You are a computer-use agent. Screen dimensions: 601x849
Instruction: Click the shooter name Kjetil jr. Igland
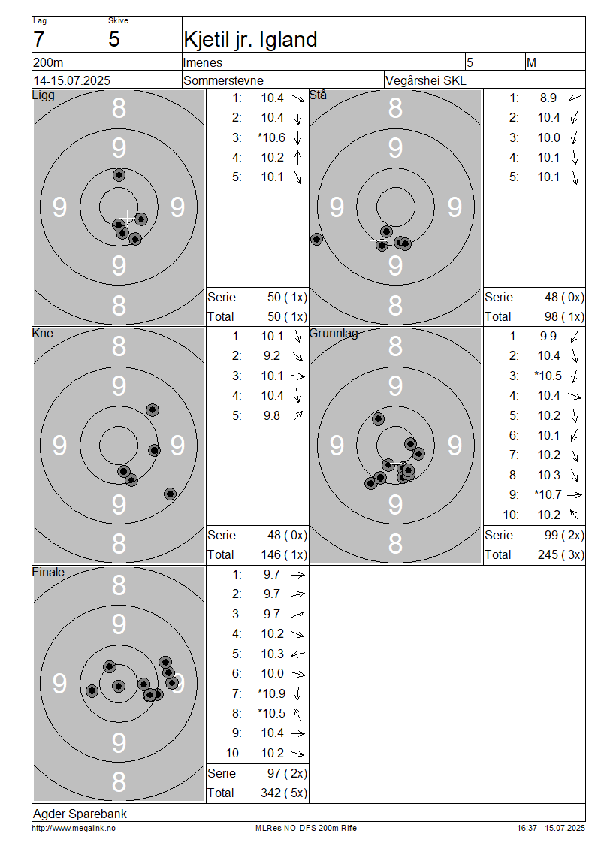click(250, 40)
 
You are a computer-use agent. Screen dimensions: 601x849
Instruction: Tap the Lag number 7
click(38, 40)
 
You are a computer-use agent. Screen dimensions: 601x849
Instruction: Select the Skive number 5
click(113, 40)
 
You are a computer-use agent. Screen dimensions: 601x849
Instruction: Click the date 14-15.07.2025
click(71, 80)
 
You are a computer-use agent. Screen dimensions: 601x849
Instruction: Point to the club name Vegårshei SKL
click(425, 80)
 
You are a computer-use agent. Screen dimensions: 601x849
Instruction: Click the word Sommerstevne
click(223, 80)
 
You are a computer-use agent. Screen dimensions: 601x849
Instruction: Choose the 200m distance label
click(48, 63)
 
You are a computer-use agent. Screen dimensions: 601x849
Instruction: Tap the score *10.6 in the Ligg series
click(271, 137)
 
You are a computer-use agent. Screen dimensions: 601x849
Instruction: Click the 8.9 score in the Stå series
click(548, 98)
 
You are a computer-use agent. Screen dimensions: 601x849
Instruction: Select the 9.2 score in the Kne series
click(272, 355)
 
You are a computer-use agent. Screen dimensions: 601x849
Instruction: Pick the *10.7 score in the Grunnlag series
click(548, 494)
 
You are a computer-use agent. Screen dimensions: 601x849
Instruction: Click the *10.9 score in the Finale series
click(271, 693)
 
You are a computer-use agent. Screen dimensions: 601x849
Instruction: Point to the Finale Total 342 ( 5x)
click(284, 793)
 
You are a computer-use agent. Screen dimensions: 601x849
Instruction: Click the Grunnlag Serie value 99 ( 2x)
click(564, 536)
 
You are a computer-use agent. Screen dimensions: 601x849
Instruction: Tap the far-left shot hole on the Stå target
click(317, 239)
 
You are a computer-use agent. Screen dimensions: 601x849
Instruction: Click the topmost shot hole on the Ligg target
click(119, 175)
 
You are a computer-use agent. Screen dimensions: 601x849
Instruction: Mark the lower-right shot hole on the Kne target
click(170, 494)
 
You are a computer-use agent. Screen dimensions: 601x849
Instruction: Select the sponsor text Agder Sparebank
click(80, 814)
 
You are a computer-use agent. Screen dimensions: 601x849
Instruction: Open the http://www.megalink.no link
click(74, 828)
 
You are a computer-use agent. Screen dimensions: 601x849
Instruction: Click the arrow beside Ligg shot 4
click(297, 158)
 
